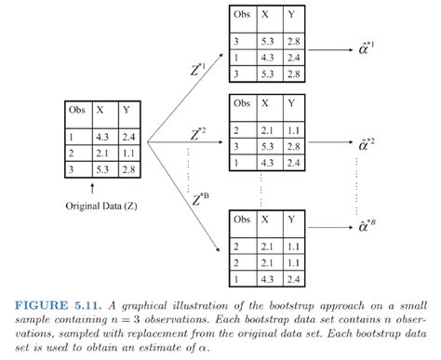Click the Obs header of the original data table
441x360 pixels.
click(76, 110)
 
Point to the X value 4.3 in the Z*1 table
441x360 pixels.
click(268, 57)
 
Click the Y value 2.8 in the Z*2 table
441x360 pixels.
click(295, 147)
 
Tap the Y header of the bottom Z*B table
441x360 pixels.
click(292, 220)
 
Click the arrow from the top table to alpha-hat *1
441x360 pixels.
click(326, 43)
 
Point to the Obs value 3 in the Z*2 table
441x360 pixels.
click(239, 147)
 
